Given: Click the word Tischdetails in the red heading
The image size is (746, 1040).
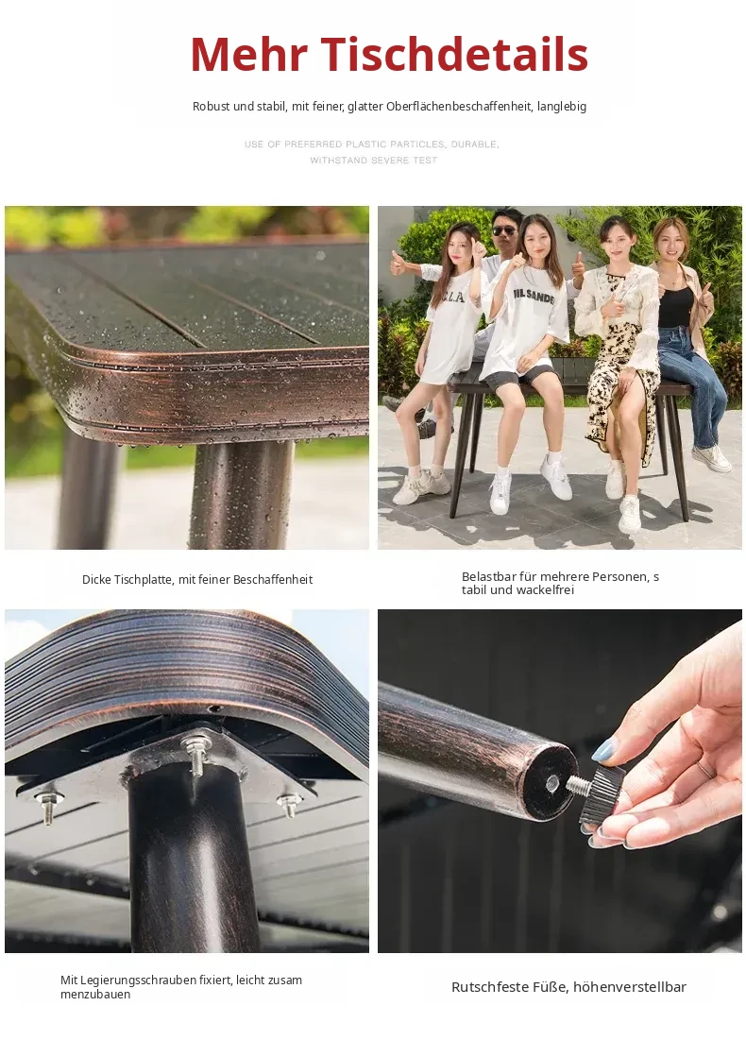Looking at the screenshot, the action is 455,54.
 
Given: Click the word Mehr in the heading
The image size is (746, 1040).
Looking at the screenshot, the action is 248,54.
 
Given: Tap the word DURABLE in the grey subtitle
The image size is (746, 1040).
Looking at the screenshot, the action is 475,144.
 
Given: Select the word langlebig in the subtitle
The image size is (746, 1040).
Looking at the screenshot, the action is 562,106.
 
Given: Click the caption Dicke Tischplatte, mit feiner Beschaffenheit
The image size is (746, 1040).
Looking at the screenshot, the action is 197,579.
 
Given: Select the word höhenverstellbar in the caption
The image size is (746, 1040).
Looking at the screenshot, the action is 629,987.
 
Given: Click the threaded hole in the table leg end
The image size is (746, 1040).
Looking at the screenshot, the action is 552,784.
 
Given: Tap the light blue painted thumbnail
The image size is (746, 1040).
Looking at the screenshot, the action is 603,749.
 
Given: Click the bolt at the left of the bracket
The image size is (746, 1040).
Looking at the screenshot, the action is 46,807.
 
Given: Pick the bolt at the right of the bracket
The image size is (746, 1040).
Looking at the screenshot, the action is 289,803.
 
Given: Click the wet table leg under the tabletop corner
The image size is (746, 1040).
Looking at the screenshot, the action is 242,494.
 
